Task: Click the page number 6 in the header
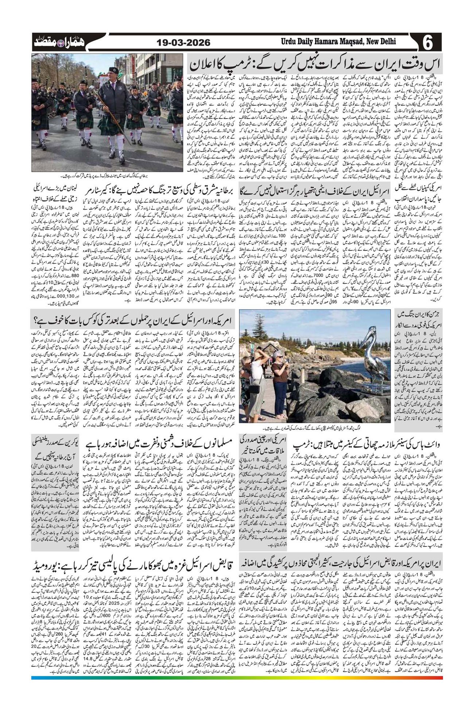click(x=428, y=43)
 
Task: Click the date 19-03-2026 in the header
click(x=183, y=43)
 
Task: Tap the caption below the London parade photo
click(x=107, y=175)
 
